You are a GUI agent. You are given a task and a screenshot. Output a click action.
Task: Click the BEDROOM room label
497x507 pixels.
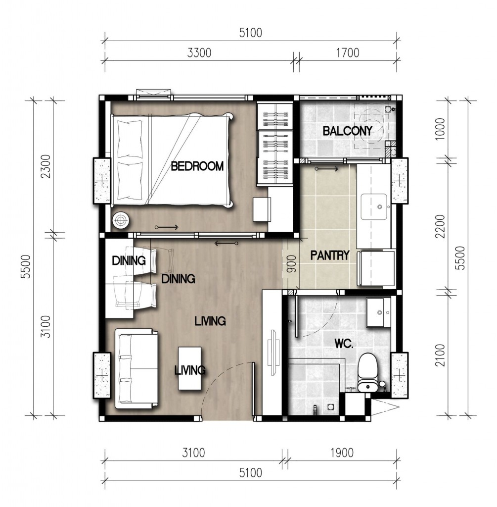(197, 166)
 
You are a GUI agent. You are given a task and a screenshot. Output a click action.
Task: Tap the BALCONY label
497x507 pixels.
(348, 131)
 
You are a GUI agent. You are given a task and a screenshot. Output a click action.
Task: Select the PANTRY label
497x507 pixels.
(330, 255)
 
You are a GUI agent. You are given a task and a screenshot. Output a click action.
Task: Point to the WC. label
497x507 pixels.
(344, 344)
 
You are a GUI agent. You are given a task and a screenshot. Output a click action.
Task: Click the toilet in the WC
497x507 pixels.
(368, 372)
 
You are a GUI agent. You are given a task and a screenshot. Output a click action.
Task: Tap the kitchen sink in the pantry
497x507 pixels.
(374, 206)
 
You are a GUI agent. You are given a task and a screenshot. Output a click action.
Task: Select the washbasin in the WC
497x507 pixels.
(378, 312)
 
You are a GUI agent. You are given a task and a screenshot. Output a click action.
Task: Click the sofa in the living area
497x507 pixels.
(137, 368)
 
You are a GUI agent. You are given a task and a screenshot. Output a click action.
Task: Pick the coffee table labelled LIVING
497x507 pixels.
(190, 368)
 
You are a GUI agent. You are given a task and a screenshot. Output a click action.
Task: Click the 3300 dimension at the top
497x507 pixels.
(199, 53)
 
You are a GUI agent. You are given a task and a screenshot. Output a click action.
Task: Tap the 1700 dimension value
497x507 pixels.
(348, 52)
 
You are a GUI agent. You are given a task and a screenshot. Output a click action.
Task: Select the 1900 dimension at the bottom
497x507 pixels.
(342, 453)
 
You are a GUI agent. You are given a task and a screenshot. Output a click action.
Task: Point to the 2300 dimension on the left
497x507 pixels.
(46, 166)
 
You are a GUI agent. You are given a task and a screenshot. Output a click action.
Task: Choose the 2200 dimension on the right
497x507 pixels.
(440, 226)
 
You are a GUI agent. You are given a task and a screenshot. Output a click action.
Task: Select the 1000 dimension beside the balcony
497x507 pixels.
(440, 129)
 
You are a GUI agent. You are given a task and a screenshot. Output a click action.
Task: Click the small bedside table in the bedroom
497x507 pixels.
(262, 209)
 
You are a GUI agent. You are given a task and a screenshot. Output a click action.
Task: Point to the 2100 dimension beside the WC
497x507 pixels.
(440, 355)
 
